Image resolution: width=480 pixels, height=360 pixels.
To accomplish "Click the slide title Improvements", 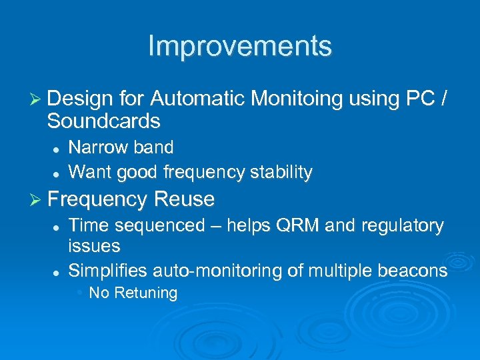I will pos(239,46).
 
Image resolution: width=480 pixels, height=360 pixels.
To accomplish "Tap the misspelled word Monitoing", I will pos(297,99).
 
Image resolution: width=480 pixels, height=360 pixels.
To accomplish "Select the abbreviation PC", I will pos(419,99).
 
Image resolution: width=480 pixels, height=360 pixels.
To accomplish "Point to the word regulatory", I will pos(407,226).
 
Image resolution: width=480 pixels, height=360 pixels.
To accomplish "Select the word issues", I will pos(94,246).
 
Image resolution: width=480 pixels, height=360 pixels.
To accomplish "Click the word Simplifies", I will pos(108,270).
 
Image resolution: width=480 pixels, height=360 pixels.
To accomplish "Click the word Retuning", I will pos(145,293).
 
